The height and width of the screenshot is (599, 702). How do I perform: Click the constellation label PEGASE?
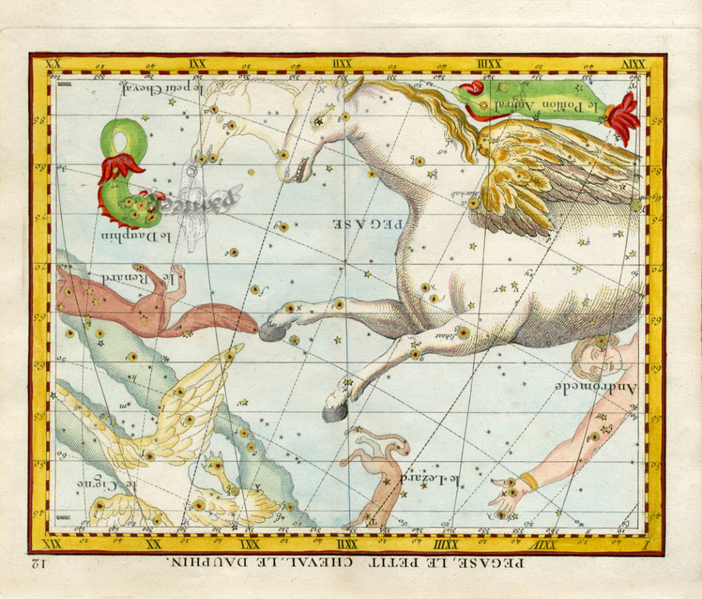369,223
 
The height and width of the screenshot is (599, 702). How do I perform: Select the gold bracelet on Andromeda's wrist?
529,481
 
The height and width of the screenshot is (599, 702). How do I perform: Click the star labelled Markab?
473,202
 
